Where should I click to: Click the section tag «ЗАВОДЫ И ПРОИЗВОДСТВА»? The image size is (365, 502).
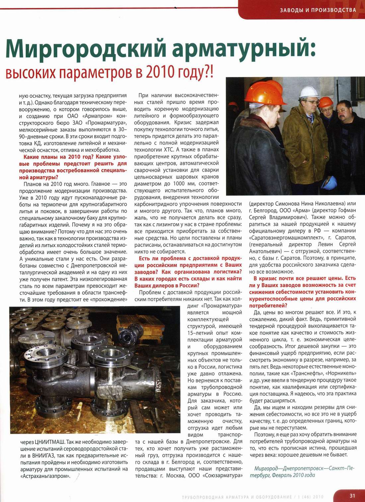(x=318, y=10)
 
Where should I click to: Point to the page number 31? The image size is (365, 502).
(x=352, y=496)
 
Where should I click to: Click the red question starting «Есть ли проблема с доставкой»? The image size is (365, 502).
(x=188, y=272)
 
